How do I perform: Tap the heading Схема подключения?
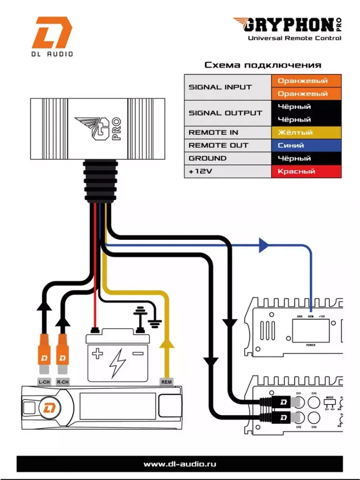(263, 65)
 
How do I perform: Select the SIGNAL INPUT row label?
(220, 87)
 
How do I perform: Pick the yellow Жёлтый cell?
(306, 133)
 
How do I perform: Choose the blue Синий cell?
(306, 145)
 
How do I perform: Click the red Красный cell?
(306, 171)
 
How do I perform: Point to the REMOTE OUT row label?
(218, 145)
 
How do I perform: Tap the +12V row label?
(200, 171)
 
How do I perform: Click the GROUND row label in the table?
(207, 158)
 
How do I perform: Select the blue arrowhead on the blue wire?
(264, 245)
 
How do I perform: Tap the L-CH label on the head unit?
(44, 382)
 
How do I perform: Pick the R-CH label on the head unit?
(63, 382)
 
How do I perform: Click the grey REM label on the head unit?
(166, 382)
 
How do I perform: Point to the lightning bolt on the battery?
(117, 362)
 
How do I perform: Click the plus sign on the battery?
(98, 354)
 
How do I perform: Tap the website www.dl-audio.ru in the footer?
(180, 464)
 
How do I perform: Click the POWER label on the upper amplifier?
(310, 345)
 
